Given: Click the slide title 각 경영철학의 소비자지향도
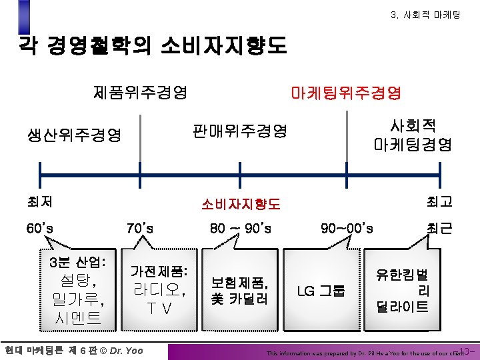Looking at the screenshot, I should coord(153,45).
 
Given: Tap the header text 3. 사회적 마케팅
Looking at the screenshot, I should coord(425,13).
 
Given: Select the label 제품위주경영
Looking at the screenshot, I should coord(140,92).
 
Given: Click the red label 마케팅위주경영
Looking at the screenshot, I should coord(346,93).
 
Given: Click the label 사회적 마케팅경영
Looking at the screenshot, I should coord(413,135).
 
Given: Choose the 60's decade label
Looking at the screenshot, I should coord(40,229).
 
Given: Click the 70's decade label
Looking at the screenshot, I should coord(140,229).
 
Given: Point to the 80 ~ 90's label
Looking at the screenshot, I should coord(240,229).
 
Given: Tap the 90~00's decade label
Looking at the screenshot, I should coord(347,229).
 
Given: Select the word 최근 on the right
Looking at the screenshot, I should coord(439,229).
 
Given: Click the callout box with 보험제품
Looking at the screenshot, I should coord(239,290).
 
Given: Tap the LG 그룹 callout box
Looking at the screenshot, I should coord(321,291).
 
